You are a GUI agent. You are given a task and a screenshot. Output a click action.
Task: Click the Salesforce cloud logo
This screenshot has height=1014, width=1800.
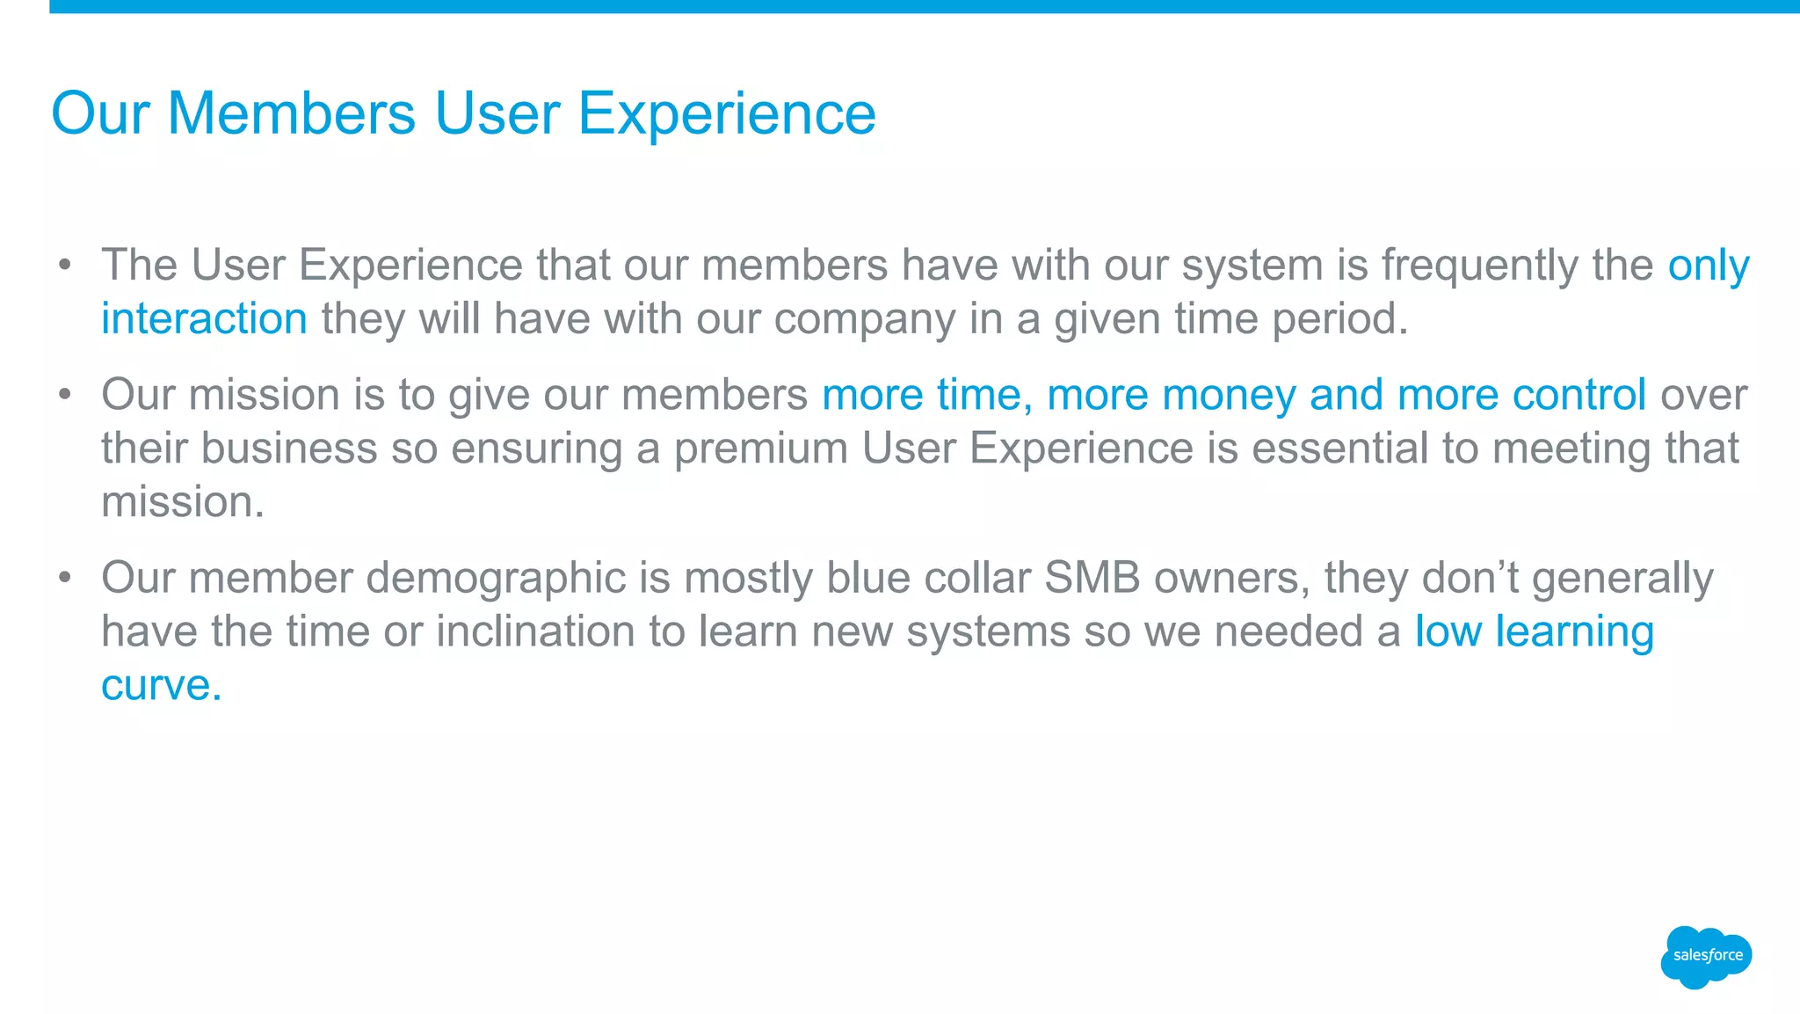tap(1706, 956)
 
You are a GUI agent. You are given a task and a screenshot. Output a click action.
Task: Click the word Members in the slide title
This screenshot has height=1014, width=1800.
tap(291, 113)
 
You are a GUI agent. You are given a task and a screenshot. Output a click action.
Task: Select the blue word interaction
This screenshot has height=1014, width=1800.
tap(204, 318)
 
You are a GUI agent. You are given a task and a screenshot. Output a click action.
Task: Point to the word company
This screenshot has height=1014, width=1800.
tap(864, 318)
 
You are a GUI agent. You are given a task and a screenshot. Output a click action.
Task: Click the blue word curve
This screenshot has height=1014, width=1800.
tap(160, 686)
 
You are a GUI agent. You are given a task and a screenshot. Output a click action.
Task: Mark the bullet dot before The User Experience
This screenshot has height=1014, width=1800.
tap(64, 265)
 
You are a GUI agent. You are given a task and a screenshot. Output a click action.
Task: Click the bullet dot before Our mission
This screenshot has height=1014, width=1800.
tap(64, 395)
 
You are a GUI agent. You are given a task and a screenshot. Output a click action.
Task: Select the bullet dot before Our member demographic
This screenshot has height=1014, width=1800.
tap(64, 578)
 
